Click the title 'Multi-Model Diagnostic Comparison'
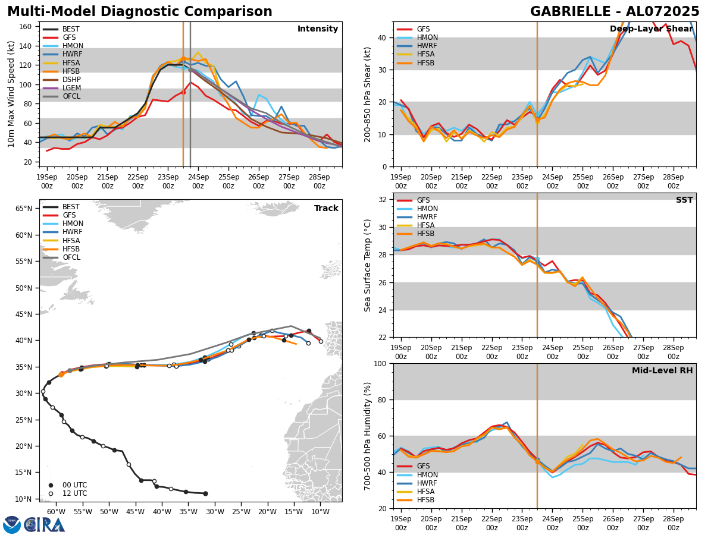pos(140,12)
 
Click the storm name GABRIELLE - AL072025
pos(615,12)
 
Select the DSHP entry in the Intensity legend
pos(71,80)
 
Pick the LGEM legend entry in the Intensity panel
pos(71,88)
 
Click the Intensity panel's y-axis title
pos(11,94)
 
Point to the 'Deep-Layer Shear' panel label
pos(651,29)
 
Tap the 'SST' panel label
pos(684,200)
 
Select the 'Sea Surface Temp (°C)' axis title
pos(368,265)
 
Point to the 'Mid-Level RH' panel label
pos(662,371)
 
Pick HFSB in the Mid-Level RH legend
pos(426,500)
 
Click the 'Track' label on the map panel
pos(326,209)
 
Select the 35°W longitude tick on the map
pos(188,511)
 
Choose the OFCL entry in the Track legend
pos(71,257)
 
